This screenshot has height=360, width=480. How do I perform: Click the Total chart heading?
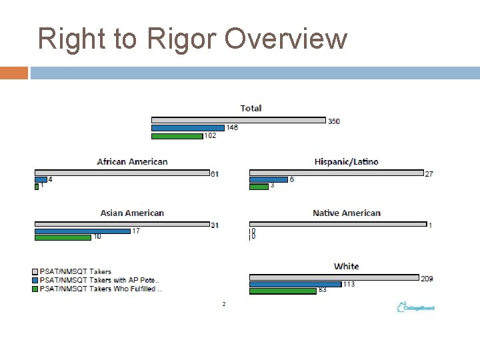(x=251, y=108)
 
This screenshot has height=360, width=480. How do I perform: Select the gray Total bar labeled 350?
(x=238, y=121)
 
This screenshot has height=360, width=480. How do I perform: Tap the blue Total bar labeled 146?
(x=188, y=128)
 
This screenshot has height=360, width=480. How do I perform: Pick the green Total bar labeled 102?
(x=177, y=136)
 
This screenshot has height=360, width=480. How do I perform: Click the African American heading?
(x=132, y=161)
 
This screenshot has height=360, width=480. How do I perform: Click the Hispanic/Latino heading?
(x=346, y=161)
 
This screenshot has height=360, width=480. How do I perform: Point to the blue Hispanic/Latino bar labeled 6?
(x=268, y=179)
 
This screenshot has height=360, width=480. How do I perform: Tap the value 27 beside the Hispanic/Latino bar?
(x=429, y=173)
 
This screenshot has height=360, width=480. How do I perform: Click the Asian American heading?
(x=132, y=213)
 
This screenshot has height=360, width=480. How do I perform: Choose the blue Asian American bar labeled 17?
(x=82, y=231)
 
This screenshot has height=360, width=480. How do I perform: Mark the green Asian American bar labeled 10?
(x=63, y=237)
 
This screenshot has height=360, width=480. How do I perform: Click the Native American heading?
(x=346, y=213)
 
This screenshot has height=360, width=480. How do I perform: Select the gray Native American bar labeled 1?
(x=337, y=225)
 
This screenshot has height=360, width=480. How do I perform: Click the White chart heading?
(x=346, y=266)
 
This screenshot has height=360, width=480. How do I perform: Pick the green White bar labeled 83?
(x=283, y=291)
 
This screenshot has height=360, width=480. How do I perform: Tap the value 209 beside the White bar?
(x=427, y=278)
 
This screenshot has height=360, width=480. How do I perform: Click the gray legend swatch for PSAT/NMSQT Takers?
(x=35, y=272)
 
